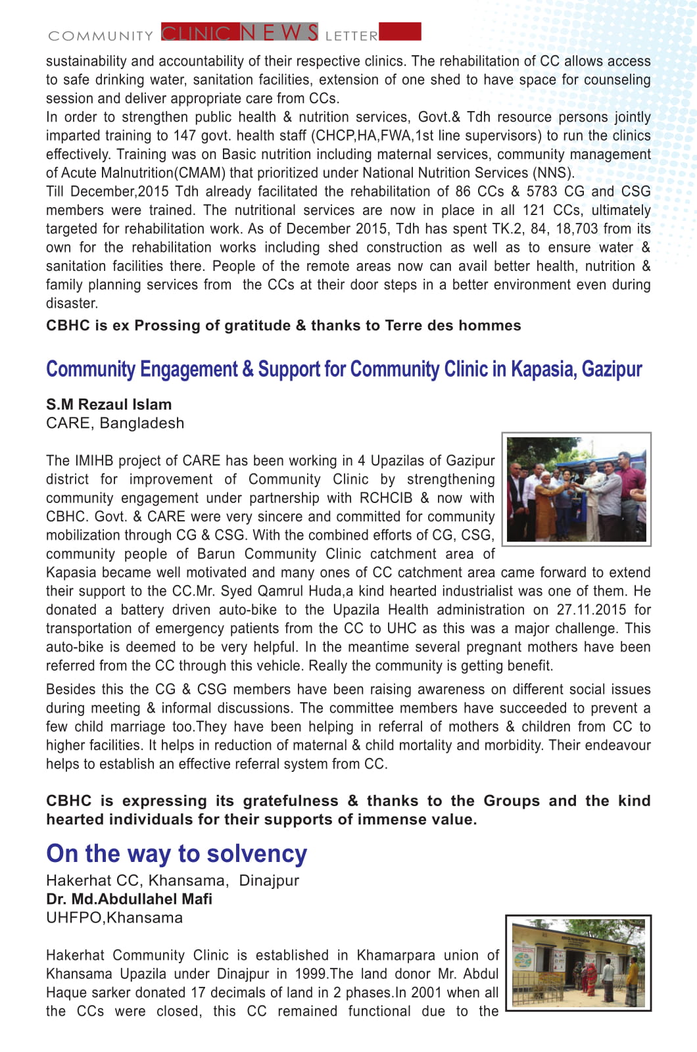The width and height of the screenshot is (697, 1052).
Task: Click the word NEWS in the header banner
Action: coord(279,32)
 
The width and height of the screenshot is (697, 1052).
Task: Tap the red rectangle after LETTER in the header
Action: coord(400,32)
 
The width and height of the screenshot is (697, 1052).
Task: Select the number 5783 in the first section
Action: coord(542,191)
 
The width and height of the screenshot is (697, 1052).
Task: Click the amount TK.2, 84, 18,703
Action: coord(531,229)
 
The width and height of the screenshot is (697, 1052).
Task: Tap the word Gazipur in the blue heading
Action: coord(612,370)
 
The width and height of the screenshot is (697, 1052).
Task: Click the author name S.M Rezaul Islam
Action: coord(108,404)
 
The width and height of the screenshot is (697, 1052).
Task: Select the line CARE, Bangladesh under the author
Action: coord(115,423)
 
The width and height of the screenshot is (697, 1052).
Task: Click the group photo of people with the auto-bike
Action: coord(576,489)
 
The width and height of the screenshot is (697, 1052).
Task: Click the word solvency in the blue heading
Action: coord(256,853)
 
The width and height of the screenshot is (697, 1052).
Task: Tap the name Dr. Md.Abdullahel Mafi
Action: coord(129,899)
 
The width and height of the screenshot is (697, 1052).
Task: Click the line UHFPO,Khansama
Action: coord(114,917)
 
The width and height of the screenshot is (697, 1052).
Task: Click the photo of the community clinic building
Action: coord(578,963)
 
